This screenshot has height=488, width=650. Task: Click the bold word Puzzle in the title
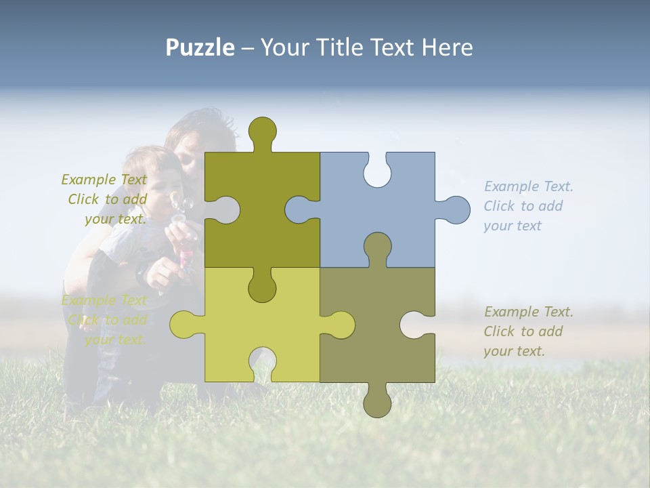(x=200, y=47)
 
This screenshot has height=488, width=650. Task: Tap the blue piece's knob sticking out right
(x=456, y=209)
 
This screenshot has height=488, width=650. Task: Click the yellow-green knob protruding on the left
(x=183, y=324)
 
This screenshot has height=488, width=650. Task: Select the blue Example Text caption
(x=529, y=206)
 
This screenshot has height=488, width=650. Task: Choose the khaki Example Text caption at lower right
(x=529, y=331)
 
